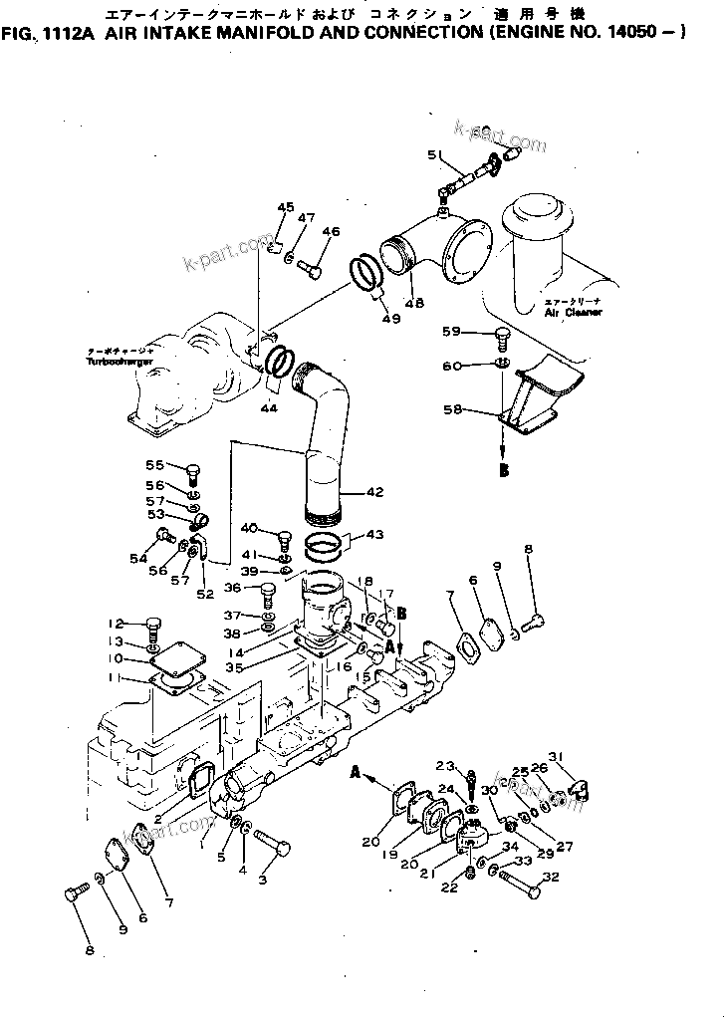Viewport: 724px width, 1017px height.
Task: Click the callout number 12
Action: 116,624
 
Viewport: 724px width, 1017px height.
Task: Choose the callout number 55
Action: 154,465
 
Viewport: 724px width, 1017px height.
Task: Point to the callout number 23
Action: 444,766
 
